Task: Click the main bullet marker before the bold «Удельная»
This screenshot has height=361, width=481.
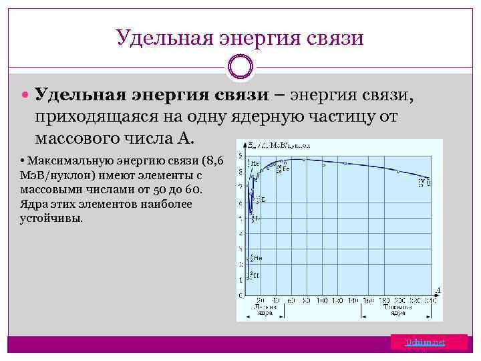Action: click(25, 96)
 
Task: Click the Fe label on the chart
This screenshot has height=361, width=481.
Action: click(285, 168)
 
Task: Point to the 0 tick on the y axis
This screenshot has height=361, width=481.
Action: click(241, 295)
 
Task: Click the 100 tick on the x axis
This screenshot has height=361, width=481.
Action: click(321, 301)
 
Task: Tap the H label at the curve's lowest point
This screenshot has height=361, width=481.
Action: click(254, 273)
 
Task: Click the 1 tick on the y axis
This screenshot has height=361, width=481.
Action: click(241, 279)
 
